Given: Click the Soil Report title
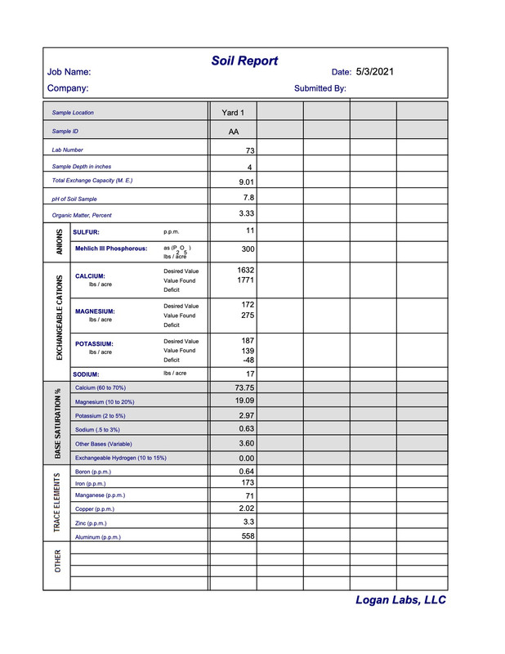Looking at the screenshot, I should point(244,61).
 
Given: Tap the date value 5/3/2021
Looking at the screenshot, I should point(375,72).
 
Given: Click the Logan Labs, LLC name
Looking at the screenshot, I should point(400,601).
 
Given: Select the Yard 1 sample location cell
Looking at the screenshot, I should point(233,112).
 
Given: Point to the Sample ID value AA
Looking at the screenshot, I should point(234,131).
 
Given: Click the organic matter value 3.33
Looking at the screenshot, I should point(247,214).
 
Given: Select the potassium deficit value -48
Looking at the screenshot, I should point(248,360).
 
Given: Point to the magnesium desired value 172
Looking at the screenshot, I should point(248,305).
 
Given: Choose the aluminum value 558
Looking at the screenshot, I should point(248,536).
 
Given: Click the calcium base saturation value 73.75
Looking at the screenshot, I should point(245,387).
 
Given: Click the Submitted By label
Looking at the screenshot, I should point(320,88).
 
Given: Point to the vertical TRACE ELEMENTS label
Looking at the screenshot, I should point(58,503).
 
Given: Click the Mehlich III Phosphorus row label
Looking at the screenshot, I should point(111,249).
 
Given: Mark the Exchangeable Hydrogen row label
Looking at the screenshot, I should point(120,458).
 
